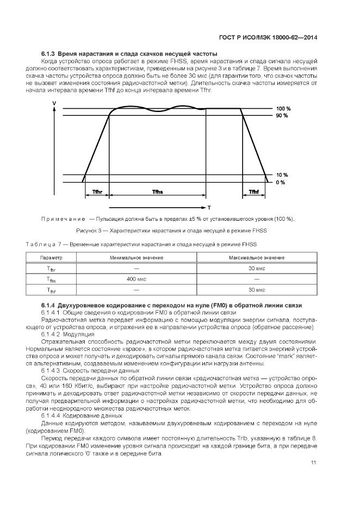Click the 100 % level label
(282, 109)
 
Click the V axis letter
(53, 103)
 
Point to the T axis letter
(209, 207)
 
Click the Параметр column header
(52, 257)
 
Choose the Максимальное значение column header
(256, 257)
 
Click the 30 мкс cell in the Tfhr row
(256, 269)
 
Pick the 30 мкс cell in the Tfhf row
(256, 290)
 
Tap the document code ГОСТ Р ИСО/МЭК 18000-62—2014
(268, 38)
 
